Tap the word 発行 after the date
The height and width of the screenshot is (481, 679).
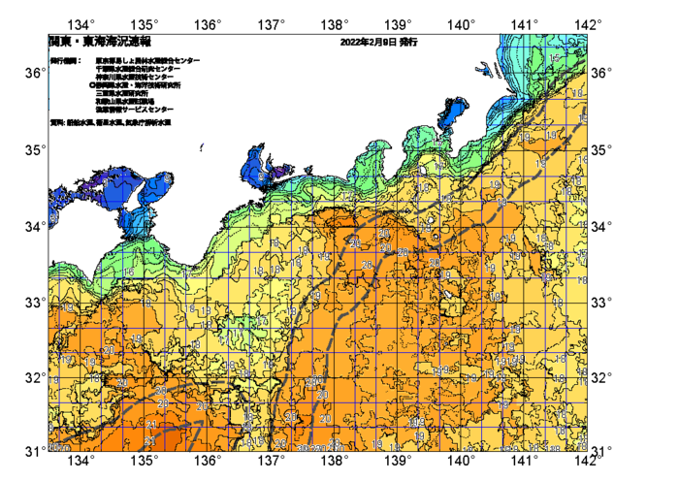point(408,43)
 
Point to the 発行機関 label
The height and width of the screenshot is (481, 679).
point(65,60)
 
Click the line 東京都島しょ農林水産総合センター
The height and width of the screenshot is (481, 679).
point(147,60)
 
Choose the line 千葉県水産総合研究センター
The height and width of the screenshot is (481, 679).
point(137,69)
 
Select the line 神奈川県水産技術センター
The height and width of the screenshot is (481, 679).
point(134,77)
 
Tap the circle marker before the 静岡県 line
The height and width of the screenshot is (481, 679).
point(91,85)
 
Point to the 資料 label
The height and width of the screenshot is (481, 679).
point(56,123)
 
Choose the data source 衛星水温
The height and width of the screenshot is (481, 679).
point(104,123)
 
